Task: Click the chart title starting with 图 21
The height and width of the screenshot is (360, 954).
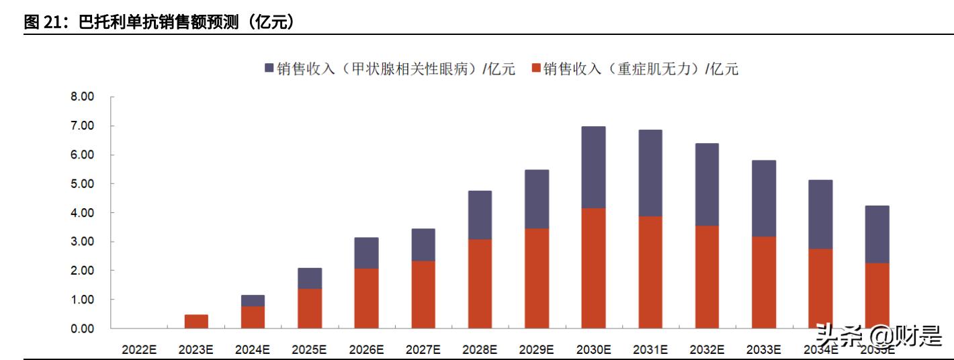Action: pos(160,22)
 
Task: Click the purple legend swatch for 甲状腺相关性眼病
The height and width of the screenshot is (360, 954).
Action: pos(269,69)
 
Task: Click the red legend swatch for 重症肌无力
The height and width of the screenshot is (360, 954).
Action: pos(536,69)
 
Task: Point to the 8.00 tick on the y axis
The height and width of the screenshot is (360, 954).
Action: pos(83,97)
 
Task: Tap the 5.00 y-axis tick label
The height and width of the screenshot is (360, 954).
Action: pos(83,184)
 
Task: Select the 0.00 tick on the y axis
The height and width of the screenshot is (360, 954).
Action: pos(83,328)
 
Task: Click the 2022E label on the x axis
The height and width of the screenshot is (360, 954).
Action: pos(139,349)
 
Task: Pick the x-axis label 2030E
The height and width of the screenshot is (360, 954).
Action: pos(593,349)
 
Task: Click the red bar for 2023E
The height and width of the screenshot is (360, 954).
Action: pos(196,321)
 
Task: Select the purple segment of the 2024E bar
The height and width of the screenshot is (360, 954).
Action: pos(253,301)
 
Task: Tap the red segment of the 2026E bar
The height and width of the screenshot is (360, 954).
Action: pos(366,298)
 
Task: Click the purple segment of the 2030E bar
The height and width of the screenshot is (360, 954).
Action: pos(593,167)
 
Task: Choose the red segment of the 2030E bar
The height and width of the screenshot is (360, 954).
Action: pos(593,268)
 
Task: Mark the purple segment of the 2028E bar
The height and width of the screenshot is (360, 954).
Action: pos(480,215)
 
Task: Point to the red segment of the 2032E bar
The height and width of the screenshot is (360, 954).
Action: pos(707,277)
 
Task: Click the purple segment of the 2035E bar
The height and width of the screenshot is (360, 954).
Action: pos(877,234)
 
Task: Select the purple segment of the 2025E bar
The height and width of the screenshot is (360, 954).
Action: pos(310,278)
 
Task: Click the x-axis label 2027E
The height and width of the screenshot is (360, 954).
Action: pos(423,349)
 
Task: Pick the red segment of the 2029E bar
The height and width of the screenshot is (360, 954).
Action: pos(537,278)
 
